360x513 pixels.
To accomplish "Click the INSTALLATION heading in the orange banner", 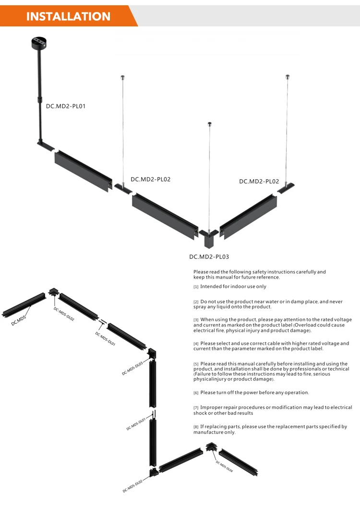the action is (x=68, y=16).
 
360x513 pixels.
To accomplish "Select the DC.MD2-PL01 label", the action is (x=66, y=106).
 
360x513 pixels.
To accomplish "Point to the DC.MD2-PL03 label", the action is (x=209, y=256).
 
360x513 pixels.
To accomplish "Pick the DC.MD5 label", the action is (x=19, y=321).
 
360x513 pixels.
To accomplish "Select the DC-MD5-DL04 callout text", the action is (x=224, y=466).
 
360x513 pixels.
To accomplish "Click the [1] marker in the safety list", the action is (x=196, y=287).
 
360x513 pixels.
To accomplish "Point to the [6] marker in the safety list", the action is (x=196, y=393).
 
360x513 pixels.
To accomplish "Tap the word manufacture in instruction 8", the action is (x=208, y=432).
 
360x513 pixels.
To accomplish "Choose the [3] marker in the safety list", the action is (x=196, y=320).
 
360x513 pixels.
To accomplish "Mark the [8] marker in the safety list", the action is (x=196, y=427).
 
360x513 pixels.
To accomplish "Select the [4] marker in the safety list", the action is (x=196, y=344).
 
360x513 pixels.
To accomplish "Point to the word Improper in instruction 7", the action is (x=213, y=407).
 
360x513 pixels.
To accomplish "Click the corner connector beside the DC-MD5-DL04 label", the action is (x=211, y=447).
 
